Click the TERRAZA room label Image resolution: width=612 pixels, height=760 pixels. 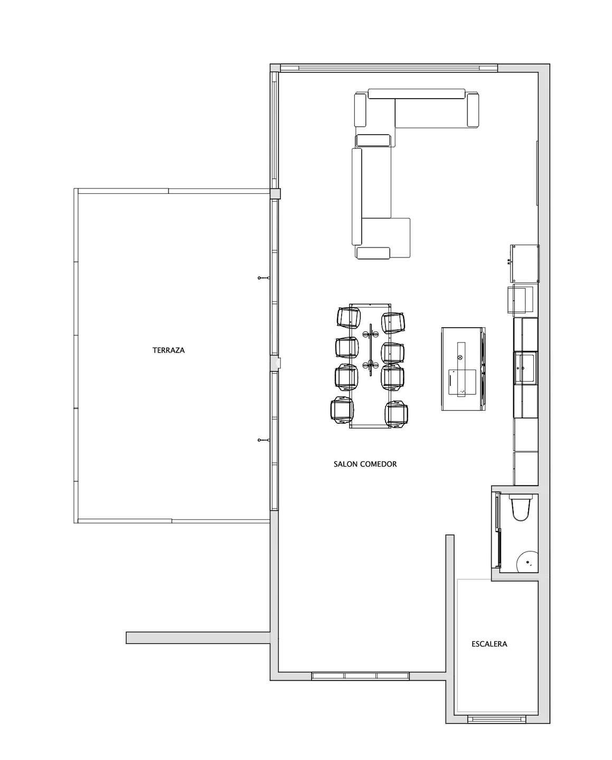(168, 350)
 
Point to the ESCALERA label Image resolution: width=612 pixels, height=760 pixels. (489, 644)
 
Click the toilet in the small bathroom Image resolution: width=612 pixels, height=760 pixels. (521, 508)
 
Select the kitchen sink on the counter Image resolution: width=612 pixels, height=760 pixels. (526, 367)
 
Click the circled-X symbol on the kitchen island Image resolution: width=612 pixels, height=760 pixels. (460, 357)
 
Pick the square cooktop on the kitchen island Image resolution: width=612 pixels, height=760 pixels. (463, 382)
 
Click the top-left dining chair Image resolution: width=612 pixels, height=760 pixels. (349, 317)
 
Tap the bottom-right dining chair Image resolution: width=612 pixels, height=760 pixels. (397, 414)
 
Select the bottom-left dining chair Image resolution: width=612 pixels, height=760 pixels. (342, 410)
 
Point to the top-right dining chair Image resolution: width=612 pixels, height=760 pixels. (393, 322)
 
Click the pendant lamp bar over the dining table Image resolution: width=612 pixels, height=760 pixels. (371, 349)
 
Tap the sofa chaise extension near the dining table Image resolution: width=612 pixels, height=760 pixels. (386, 237)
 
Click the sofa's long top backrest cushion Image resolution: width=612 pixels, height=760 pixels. (417, 93)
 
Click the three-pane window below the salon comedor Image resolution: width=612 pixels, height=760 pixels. (361, 676)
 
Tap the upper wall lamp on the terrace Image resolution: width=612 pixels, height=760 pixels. (264, 278)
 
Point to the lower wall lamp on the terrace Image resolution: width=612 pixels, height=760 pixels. (264, 440)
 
